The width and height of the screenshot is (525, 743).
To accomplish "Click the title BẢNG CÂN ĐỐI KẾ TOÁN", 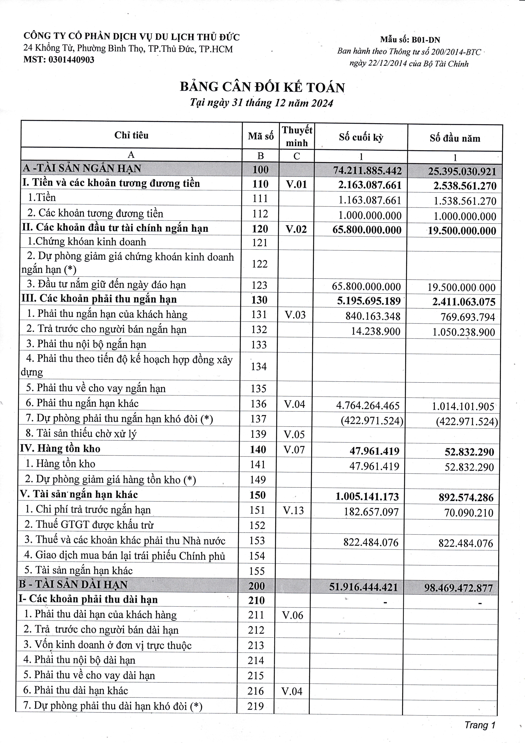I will pos(262,87).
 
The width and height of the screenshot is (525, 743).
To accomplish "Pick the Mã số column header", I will pos(261,136).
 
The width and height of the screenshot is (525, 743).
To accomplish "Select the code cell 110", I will pos(260,184).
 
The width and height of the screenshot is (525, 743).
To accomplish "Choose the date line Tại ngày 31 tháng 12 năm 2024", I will pos(261,103).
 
